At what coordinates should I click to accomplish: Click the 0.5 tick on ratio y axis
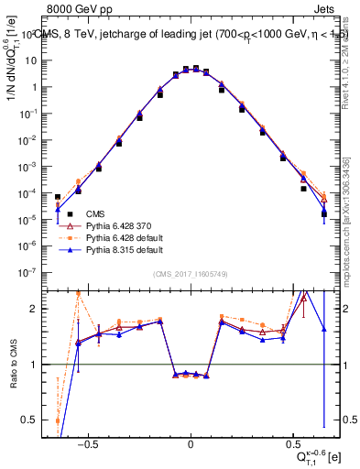click(x=36, y=420)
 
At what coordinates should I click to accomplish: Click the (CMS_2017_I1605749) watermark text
click(x=190, y=276)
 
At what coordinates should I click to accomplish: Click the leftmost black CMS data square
click(x=58, y=197)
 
